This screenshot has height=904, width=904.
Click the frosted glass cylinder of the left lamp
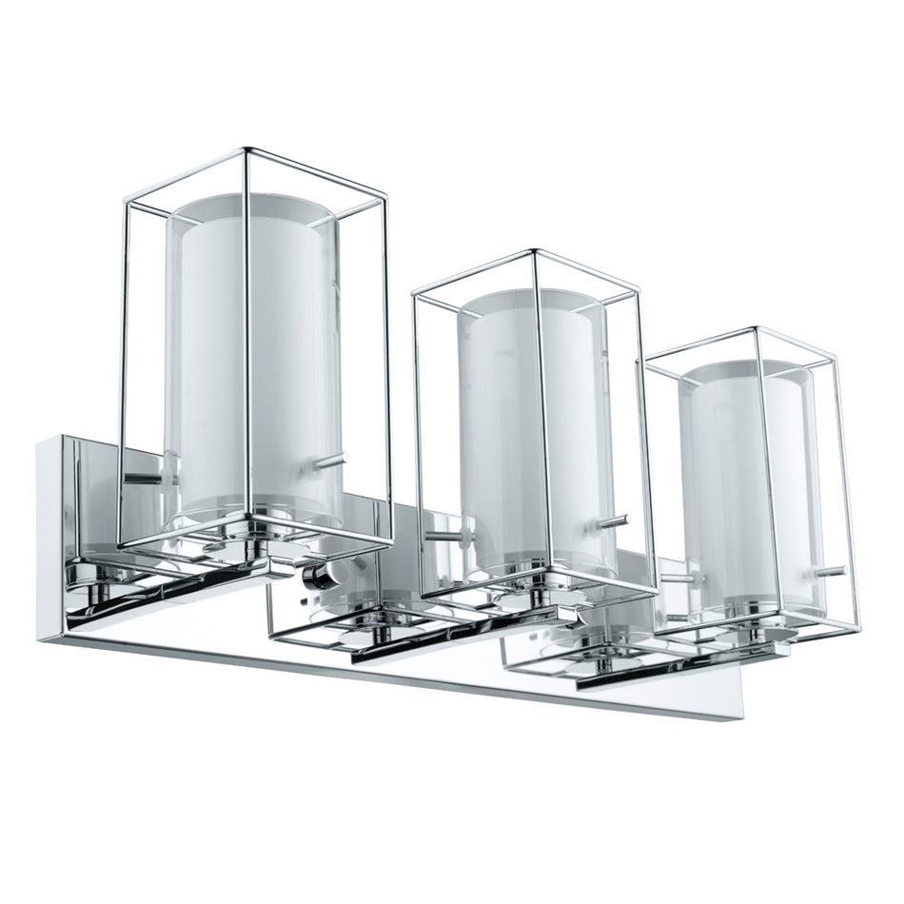pos(252,362)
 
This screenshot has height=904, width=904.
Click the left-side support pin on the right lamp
pos(680,578)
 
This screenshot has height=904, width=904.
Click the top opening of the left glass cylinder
pos(250,208)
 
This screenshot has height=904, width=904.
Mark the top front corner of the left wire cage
pos(246,150)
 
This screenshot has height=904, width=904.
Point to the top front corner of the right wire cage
pos(757,329)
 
